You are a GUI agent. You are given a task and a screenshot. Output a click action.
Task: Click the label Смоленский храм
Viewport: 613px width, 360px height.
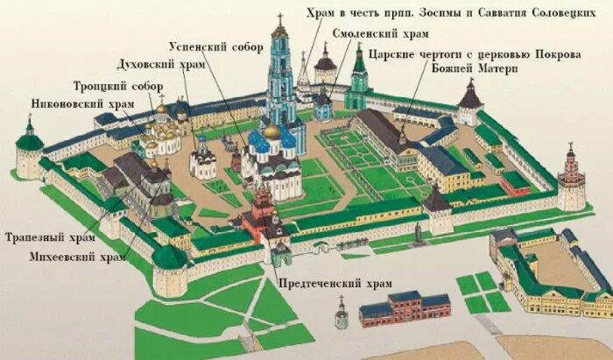(x=380, y=34)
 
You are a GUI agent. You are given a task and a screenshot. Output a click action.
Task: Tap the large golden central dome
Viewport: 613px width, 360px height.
(x=272, y=132)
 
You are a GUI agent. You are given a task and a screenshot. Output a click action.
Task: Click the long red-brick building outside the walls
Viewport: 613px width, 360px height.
(x=404, y=308)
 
